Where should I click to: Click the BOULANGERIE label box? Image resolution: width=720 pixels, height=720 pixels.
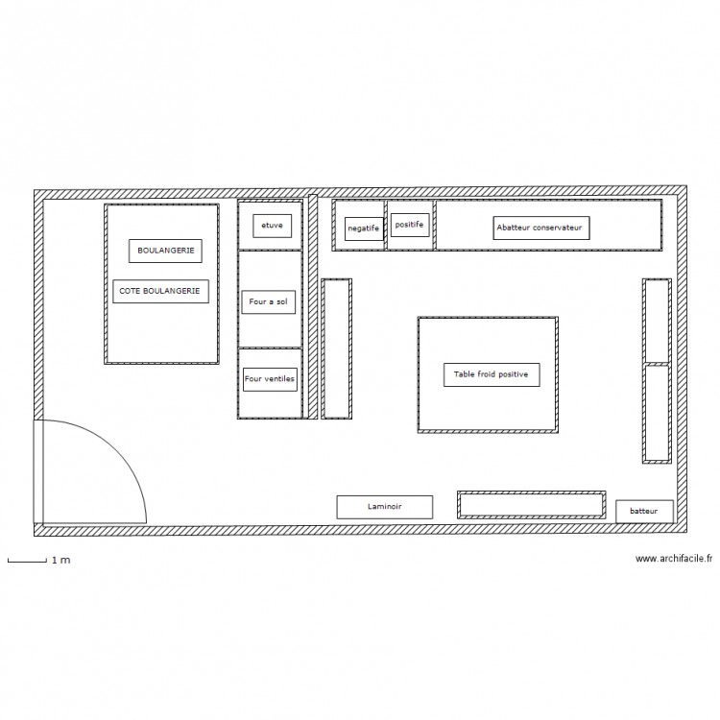pos(165,251)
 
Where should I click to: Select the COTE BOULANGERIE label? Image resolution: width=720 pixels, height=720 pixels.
pos(160,291)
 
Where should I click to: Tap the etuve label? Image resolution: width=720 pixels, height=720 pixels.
pos(273,226)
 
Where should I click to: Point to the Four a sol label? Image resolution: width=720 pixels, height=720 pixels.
pos(269,301)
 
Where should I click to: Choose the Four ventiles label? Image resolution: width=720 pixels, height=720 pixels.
pos(270,379)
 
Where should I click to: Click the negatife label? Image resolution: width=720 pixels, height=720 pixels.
pos(364,228)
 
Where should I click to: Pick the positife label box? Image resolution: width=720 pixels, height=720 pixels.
pos(410,225)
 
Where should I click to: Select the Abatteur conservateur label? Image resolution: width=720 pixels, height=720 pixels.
pos(541,228)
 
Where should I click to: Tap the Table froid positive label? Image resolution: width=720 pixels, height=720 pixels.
pos(492,374)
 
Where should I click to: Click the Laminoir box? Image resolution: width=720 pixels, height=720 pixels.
pos(385,507)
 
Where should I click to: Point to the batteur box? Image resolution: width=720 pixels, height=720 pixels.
pos(644,512)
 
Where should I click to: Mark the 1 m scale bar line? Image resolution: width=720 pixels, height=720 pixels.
pos(27,561)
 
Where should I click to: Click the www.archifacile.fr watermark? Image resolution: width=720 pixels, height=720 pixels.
pos(674,559)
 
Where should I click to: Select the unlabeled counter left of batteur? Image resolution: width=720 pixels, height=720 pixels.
pos(531,505)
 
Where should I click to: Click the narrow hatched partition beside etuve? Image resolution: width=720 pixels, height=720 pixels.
pos(313,307)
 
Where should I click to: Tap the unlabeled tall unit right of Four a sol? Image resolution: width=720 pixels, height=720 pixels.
pos(337,349)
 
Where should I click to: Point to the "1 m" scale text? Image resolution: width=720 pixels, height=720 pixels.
pos(61,561)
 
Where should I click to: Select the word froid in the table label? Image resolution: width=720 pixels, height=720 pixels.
pos(489,374)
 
